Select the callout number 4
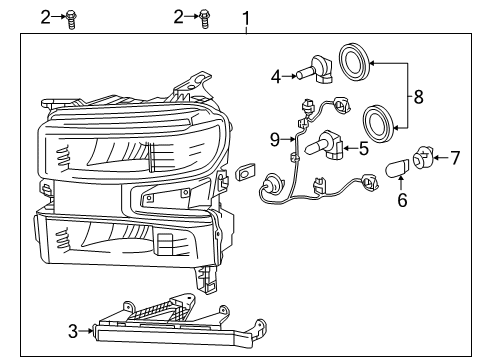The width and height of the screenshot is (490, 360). (x=275, y=73)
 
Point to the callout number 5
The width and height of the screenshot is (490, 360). (x=363, y=148)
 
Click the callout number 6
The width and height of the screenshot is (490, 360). (x=403, y=200)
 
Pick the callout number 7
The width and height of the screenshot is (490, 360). (x=455, y=156)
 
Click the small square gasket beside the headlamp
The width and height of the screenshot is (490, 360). (x=245, y=176)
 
